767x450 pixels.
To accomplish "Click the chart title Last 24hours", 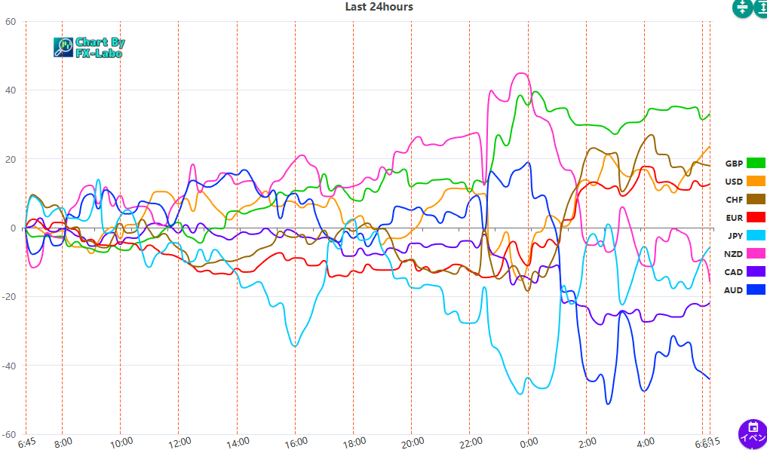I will click(379, 7).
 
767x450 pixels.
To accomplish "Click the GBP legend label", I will click(734, 164).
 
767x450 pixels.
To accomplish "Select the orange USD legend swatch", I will click(756, 182).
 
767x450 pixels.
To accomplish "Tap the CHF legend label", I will click(734, 200).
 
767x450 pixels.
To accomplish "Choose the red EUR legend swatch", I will click(756, 218).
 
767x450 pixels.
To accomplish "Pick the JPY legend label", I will click(735, 236).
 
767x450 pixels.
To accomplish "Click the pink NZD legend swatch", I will click(756, 254).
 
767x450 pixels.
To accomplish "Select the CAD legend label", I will click(734, 272).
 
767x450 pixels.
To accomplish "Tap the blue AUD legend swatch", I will click(756, 290).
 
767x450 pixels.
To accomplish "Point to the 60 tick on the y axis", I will click(11, 22).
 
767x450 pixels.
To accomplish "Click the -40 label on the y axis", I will click(8, 366).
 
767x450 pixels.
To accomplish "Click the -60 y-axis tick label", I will click(8, 435).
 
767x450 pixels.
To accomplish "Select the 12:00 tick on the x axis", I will click(179, 442).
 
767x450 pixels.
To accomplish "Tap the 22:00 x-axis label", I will click(470, 442).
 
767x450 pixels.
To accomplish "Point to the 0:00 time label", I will click(529, 442).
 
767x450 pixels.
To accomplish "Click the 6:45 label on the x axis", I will click(26, 442).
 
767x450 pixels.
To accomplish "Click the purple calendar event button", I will click(751, 433).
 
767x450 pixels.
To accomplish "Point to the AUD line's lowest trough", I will click(609, 403).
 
